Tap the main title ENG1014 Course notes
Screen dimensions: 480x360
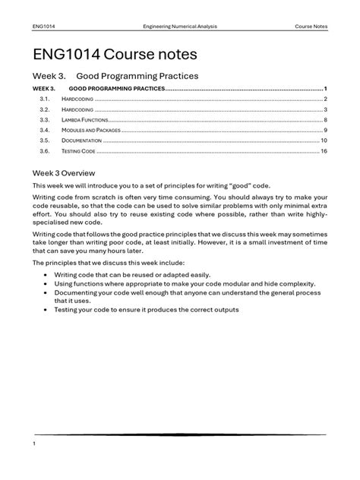(114, 55)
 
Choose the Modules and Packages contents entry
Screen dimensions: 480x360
(91, 130)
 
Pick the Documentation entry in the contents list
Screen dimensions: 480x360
(83, 141)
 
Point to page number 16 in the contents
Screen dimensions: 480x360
(324, 151)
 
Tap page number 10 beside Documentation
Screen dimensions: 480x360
(324, 141)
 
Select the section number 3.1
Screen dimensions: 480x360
(44, 99)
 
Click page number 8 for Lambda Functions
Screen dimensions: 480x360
(325, 120)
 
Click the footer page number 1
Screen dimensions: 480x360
(35, 442)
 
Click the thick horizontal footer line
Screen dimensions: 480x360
(179, 435)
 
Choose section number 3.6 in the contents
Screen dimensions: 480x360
(44, 151)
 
